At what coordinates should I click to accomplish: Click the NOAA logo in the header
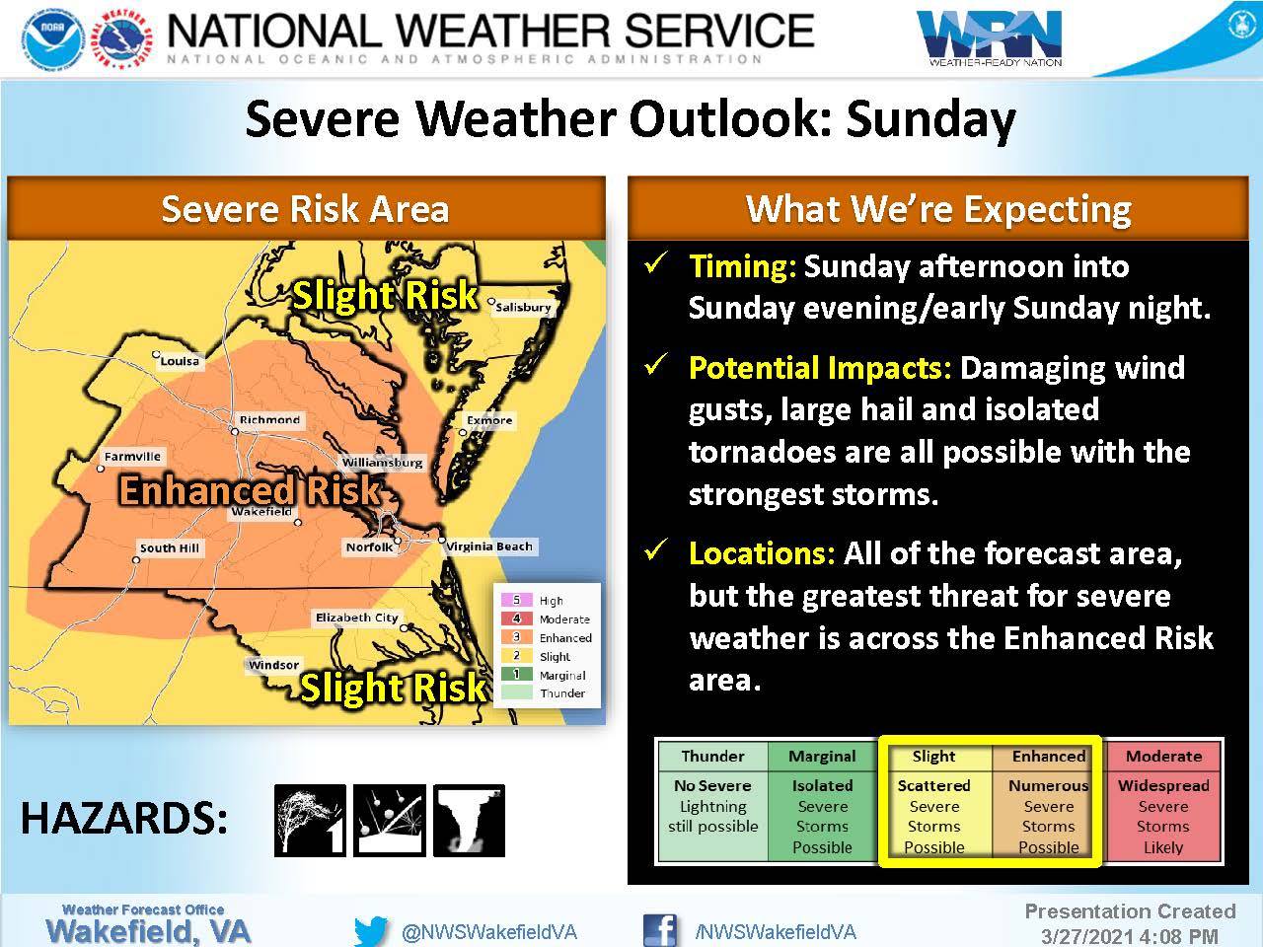point(53,40)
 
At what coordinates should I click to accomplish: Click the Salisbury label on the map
point(523,308)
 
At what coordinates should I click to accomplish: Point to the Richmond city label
point(269,420)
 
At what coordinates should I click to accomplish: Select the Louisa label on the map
point(181,361)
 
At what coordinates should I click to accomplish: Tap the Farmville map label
point(132,457)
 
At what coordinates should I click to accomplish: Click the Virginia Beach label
point(489,546)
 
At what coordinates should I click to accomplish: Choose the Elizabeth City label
point(357,618)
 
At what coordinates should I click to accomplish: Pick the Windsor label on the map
point(274,665)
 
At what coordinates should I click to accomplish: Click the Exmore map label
point(489,420)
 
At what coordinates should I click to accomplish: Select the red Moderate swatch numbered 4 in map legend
point(516,619)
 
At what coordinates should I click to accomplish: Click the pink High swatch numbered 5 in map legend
point(516,601)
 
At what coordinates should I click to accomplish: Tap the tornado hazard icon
point(469,821)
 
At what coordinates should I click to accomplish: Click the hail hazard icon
point(390,821)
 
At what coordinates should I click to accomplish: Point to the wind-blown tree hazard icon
point(310,821)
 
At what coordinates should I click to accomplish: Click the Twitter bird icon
point(371,931)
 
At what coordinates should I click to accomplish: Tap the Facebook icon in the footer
point(659,930)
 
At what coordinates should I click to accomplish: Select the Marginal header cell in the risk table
point(822,757)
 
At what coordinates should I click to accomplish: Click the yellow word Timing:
point(743,266)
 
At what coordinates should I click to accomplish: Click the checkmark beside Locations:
point(656,549)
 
